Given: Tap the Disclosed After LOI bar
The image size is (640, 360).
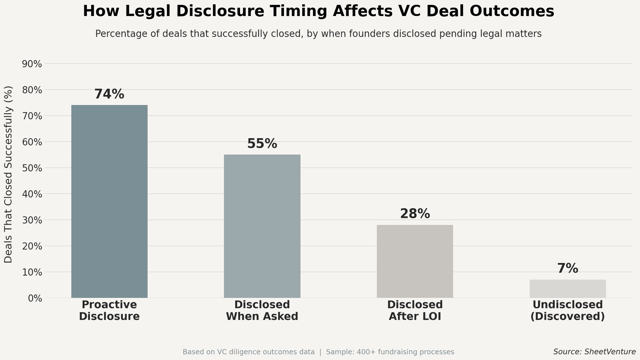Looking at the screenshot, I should click(415, 261).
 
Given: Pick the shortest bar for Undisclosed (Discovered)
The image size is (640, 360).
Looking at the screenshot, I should click(567, 289).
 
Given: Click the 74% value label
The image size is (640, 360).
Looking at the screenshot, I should click(109, 94).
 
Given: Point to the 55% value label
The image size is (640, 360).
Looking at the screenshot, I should click(262, 144).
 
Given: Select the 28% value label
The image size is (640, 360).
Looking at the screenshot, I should click(415, 214).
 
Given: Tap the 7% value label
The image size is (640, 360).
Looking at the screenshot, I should click(567, 269).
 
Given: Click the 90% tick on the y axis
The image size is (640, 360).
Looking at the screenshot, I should click(32, 64).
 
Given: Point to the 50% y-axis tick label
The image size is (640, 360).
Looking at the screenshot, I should click(32, 168).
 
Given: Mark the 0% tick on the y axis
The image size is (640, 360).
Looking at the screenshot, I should click(35, 298).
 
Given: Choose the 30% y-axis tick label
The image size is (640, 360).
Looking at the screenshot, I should click(32, 220).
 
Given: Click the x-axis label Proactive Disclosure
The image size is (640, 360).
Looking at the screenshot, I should click(109, 310).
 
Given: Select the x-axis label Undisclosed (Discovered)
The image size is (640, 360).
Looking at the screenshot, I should click(567, 310).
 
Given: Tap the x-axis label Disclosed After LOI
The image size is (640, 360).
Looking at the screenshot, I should click(415, 310).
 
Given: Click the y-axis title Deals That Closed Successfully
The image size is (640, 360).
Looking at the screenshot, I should click(8, 174).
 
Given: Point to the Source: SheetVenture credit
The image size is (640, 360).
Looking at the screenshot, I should click(594, 352).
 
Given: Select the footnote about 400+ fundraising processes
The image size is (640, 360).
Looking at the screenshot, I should click(390, 352).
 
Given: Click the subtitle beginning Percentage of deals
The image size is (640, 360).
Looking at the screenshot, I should click(318, 34).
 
